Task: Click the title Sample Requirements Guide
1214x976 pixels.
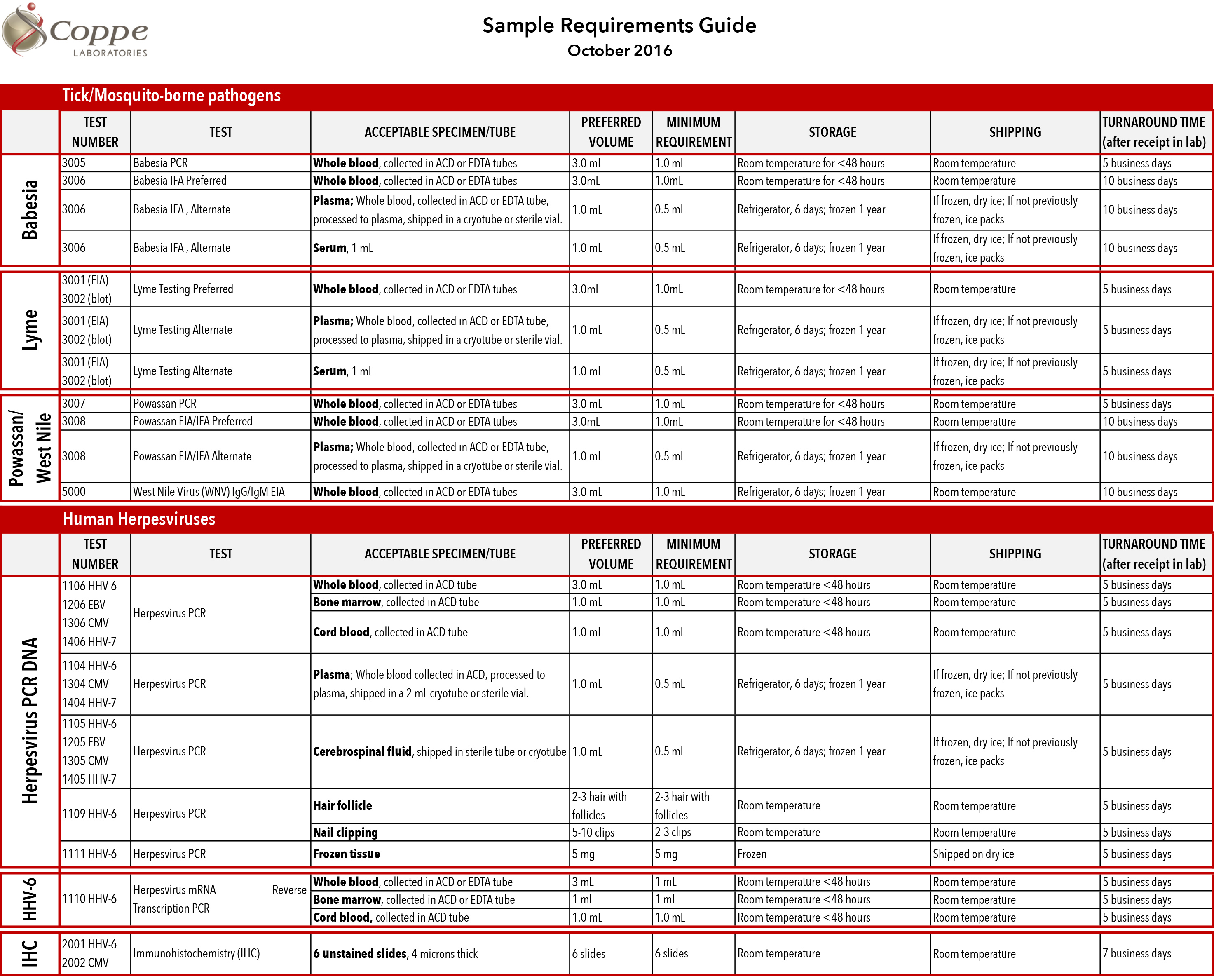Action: click(x=619, y=25)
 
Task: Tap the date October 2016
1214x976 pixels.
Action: click(x=619, y=51)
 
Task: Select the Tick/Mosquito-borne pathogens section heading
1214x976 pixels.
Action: click(x=171, y=96)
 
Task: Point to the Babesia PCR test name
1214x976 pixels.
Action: click(x=160, y=163)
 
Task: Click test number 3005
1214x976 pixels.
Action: click(x=74, y=163)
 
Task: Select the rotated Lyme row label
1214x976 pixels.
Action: click(x=30, y=330)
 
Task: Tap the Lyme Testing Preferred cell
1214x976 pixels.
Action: click(x=183, y=289)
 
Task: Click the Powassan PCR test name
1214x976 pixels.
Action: click(x=165, y=404)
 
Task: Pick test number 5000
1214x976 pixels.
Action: click(x=74, y=492)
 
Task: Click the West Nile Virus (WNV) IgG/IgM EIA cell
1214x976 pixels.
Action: click(x=209, y=492)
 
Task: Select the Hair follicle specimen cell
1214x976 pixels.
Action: click(x=342, y=805)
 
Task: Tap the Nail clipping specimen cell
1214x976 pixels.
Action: click(x=345, y=833)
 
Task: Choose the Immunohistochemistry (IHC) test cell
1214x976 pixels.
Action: click(x=197, y=953)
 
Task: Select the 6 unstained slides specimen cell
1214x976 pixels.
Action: click(x=395, y=953)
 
